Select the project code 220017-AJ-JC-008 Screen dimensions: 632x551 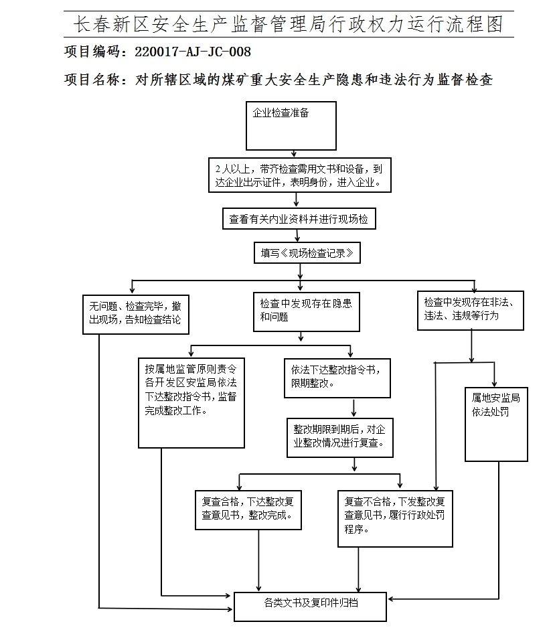(193, 52)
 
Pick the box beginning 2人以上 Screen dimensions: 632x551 (299, 175)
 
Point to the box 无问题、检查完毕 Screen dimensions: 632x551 (135, 313)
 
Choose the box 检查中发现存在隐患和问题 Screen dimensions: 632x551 (306, 311)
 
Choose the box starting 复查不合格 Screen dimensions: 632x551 (395, 518)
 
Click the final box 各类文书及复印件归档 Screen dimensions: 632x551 (310, 606)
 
